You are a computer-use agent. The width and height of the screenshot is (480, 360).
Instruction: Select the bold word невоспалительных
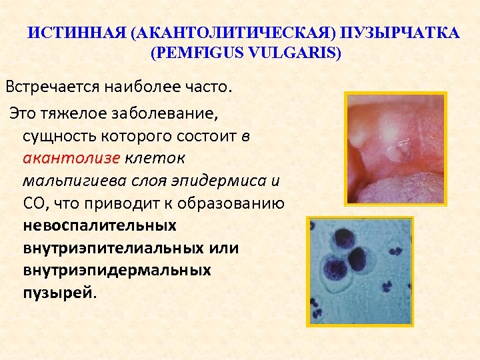(99, 225)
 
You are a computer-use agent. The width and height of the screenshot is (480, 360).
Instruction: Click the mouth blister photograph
(395, 148)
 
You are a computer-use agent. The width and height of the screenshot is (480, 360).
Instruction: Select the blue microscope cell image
(360, 271)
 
